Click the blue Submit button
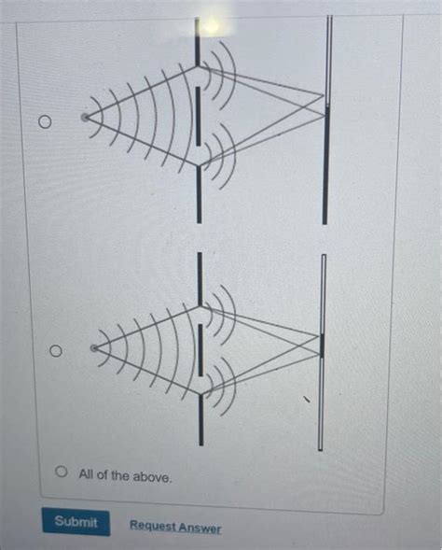76,522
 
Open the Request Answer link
174,528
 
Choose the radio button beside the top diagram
42,122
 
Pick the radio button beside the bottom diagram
54,352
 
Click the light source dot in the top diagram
85,118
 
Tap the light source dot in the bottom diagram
94,348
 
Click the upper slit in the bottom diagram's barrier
200,306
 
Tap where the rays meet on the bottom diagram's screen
322,345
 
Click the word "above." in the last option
153,476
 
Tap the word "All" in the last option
87,475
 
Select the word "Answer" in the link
201,529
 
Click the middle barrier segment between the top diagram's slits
198,118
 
